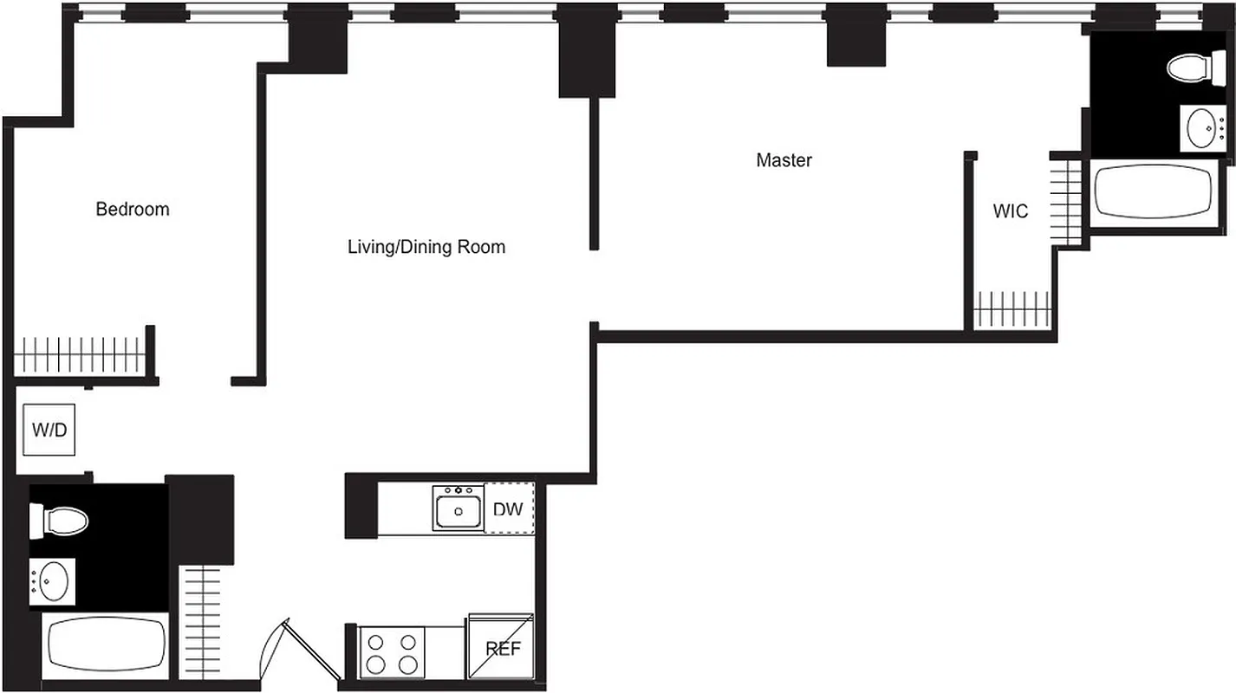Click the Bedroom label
[x=132, y=209]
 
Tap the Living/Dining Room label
[x=426, y=247]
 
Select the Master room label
[x=784, y=160]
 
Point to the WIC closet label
[x=1010, y=210]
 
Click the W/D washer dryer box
[x=49, y=430]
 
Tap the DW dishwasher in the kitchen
[x=508, y=508]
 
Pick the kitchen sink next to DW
[x=459, y=508]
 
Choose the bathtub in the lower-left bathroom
[x=105, y=645]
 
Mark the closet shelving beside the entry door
[x=204, y=619]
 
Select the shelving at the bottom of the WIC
[x=1012, y=309]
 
